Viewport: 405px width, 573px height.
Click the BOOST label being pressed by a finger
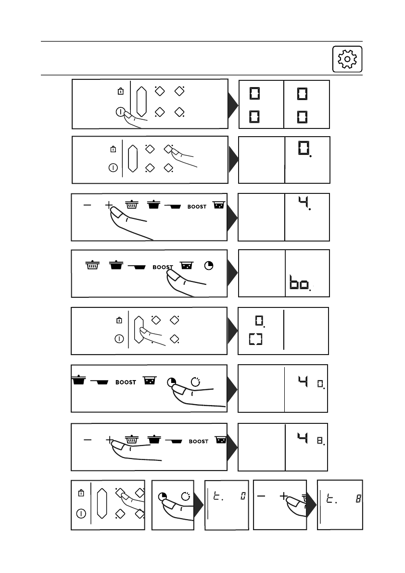coord(163,267)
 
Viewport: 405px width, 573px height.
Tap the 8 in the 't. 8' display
coord(358,500)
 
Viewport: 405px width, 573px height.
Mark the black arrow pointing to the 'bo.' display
coord(233,273)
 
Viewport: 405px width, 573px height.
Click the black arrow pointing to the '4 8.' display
coord(233,446)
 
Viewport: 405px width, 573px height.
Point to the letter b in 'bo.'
coord(294,284)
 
